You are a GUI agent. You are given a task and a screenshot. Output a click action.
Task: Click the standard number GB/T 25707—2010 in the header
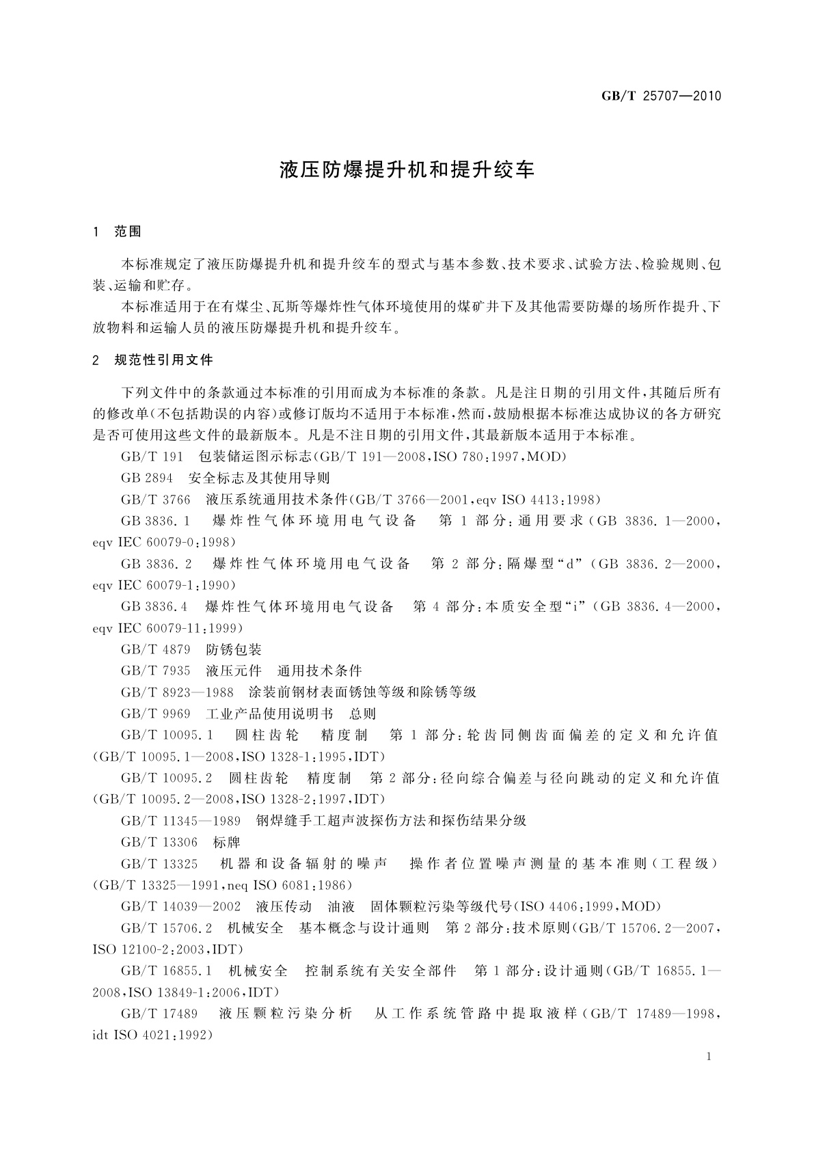tap(661, 96)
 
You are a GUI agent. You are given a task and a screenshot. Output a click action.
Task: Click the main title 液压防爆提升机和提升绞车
tap(407, 170)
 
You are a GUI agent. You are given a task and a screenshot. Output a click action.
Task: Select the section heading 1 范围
tap(117, 232)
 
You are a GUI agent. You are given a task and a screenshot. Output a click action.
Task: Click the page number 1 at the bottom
tap(709, 1057)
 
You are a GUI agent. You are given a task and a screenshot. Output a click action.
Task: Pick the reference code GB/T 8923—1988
tap(177, 692)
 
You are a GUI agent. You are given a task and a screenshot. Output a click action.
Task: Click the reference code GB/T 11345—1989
tap(180, 820)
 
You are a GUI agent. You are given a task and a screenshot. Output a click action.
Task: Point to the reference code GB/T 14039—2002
tap(180, 906)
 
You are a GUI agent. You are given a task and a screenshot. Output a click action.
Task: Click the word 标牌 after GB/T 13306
tap(227, 842)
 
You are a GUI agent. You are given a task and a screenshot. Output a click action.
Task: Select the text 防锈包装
tap(234, 649)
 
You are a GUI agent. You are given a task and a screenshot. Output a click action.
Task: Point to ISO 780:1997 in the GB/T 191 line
tap(465, 457)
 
